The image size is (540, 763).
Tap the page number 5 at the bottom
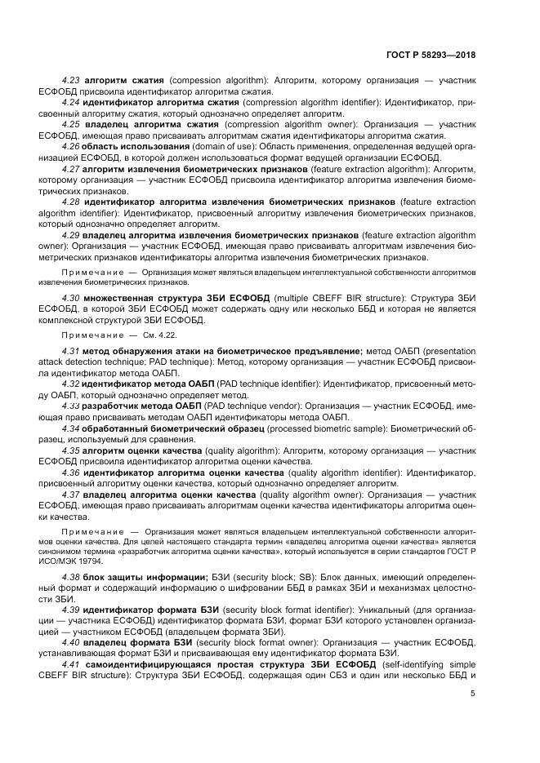click(472, 694)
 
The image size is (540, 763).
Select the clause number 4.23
click(72, 82)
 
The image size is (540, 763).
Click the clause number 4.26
click(72, 146)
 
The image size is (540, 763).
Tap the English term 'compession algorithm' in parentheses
click(212, 82)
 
